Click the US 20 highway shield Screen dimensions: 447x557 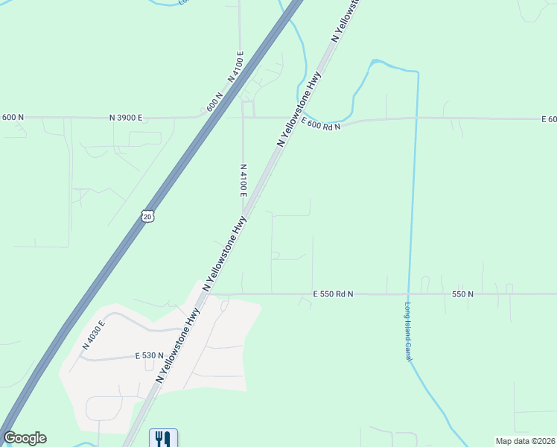pyautogui.click(x=147, y=215)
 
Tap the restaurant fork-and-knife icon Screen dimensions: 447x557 pyautogui.click(x=163, y=438)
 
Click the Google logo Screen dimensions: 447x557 pyautogui.click(x=25, y=438)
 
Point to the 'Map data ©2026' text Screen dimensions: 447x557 pyautogui.click(x=525, y=441)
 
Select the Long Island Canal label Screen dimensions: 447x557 pyautogui.click(x=408, y=332)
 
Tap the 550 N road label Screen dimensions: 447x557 pyautogui.click(x=462, y=294)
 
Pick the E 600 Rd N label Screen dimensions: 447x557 pyautogui.click(x=320, y=121)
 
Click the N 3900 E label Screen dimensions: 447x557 pyautogui.click(x=125, y=118)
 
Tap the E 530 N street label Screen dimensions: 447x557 pyautogui.click(x=150, y=356)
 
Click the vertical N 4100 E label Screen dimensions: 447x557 pyautogui.click(x=244, y=181)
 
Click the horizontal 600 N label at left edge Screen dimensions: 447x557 pyautogui.click(x=13, y=118)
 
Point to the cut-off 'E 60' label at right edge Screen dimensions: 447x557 pyautogui.click(x=549, y=119)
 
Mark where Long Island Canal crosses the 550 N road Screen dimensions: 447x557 pyautogui.click(x=408, y=294)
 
